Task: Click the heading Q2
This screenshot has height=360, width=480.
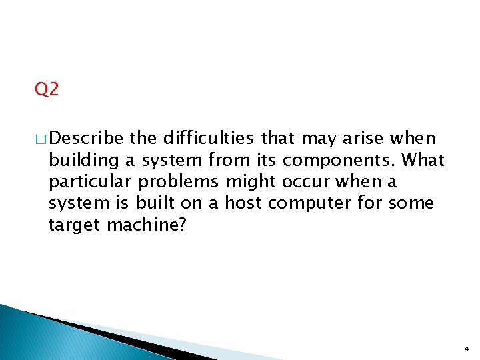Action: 47,89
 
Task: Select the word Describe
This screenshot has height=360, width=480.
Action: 87,139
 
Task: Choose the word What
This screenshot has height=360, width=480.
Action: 423,160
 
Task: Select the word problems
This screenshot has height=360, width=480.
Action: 189,182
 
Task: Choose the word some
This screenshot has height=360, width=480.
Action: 413,203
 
